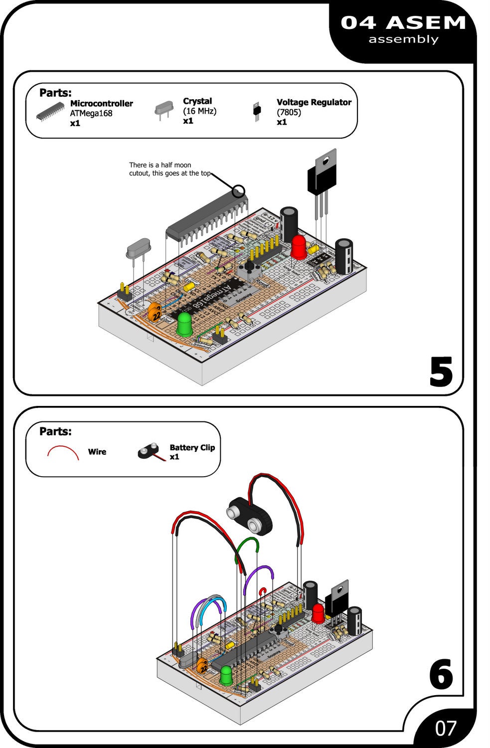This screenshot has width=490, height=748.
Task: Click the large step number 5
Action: point(441,372)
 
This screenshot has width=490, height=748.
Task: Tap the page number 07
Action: point(445,728)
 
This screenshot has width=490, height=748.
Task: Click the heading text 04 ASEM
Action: point(403,23)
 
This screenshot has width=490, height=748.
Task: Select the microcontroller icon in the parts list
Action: point(50,112)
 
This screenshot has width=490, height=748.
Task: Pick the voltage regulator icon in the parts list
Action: point(257,112)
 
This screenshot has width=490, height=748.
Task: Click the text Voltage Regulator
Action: point(314,102)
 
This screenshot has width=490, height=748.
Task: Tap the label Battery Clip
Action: point(192,448)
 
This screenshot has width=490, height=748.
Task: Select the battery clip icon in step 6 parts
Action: point(150,452)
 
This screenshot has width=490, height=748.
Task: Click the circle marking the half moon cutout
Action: point(239,190)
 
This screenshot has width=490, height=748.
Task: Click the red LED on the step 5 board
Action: point(299,247)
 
